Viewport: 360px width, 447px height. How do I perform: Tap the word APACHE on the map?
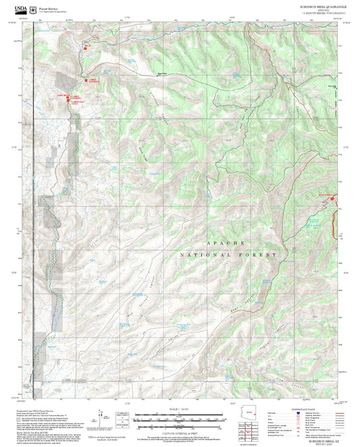click(x=222, y=242)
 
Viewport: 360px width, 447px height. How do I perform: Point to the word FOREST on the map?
click(x=263, y=255)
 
